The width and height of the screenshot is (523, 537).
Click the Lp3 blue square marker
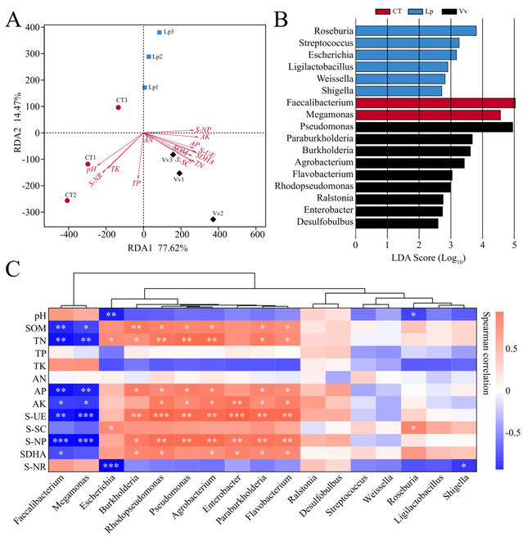[160, 32]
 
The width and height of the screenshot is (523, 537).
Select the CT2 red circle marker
[67, 201]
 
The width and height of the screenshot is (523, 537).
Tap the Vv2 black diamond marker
[214, 219]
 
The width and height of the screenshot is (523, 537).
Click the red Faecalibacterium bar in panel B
[435, 102]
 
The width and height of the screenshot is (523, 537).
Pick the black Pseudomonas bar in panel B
[434, 127]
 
